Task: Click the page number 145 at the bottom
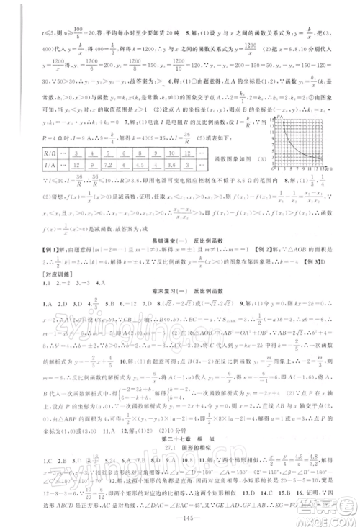click(x=181, y=517)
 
